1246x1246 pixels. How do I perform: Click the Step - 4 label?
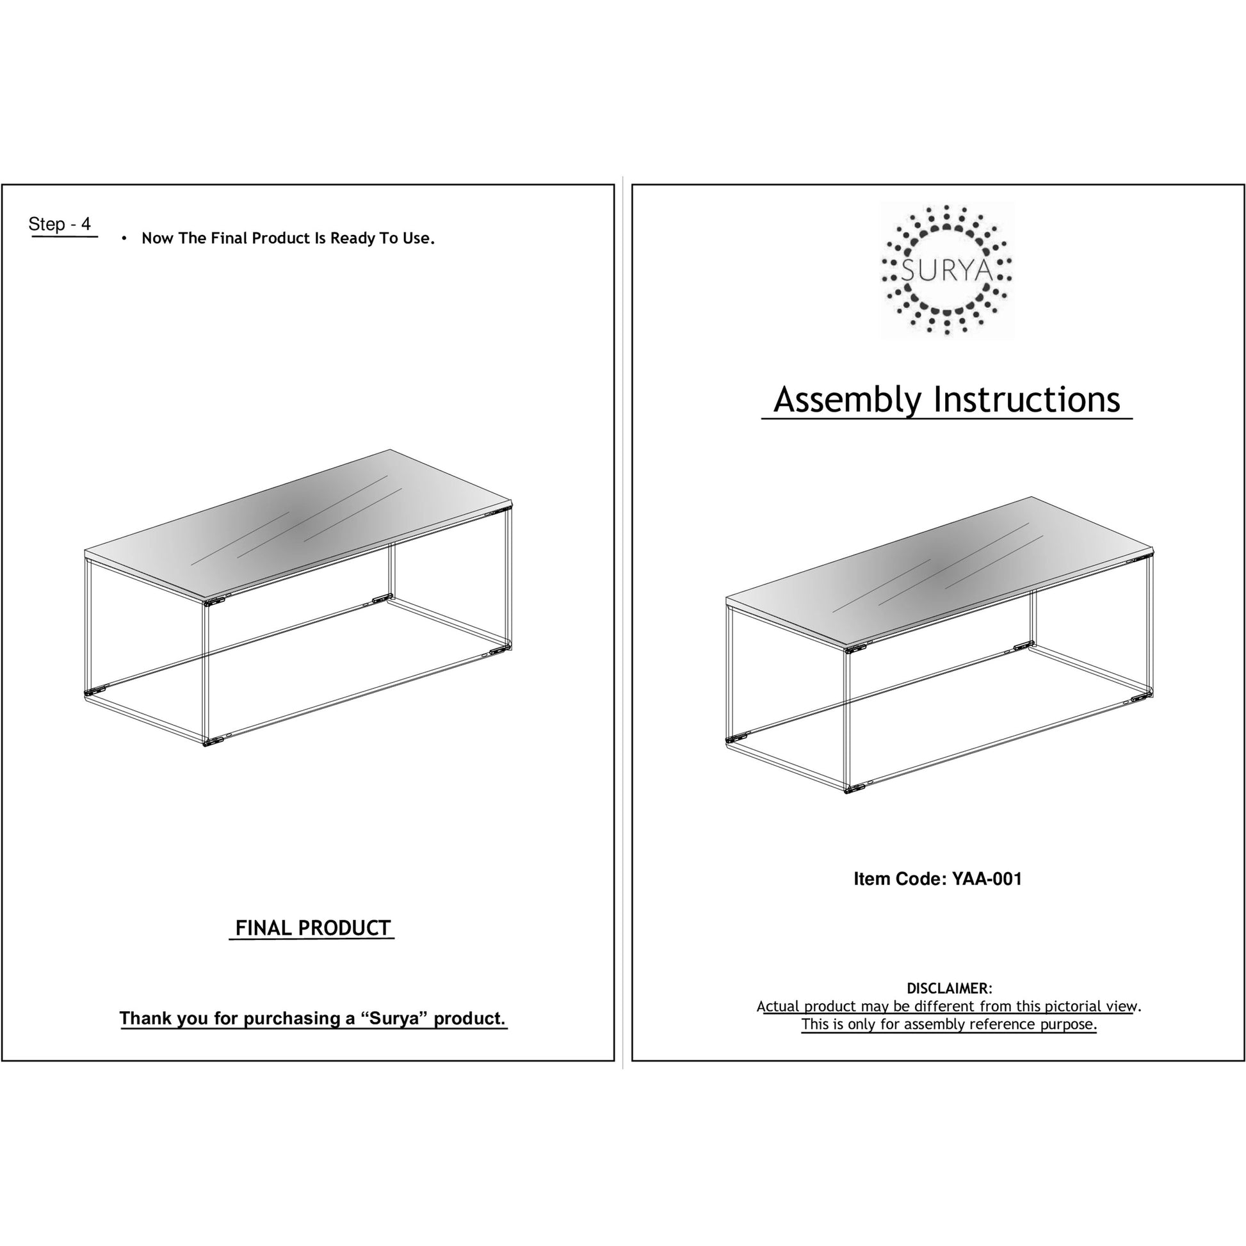click(60, 225)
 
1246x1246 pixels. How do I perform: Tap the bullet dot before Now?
click(124, 239)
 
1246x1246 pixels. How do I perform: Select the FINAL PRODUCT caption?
click(312, 928)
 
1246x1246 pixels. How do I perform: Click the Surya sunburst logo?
click(946, 270)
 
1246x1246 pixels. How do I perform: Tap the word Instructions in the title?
click(1027, 401)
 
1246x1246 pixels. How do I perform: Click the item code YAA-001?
click(987, 879)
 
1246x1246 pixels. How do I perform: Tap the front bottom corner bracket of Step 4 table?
click(212, 741)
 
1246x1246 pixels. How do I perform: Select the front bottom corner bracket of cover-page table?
click(854, 788)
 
